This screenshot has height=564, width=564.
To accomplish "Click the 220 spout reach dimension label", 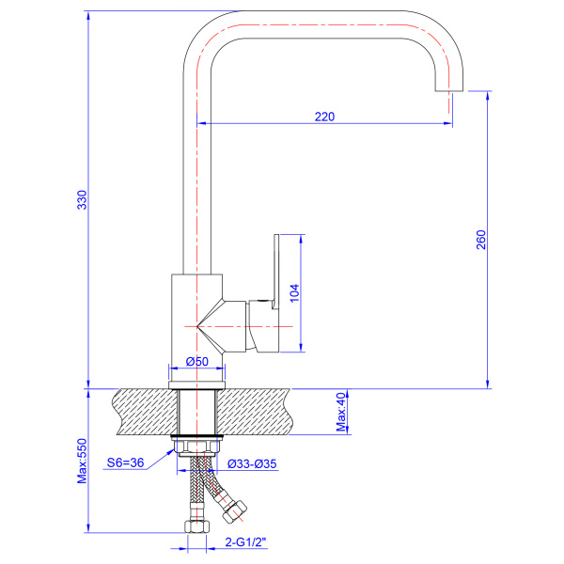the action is pyautogui.click(x=324, y=117).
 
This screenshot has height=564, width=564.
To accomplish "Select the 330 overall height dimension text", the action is pyautogui.click(x=83, y=199).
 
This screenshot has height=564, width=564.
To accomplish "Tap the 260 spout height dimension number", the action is pyautogui.click(x=481, y=240).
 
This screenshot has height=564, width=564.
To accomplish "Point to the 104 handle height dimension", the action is pyautogui.click(x=294, y=293).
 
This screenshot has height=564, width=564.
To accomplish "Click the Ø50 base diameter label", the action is pyautogui.click(x=197, y=361).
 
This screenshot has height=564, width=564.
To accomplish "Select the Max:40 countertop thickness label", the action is pyautogui.click(x=340, y=412).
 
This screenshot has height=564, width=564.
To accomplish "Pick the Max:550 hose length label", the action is pyautogui.click(x=83, y=461).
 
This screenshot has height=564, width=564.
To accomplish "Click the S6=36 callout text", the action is pyautogui.click(x=125, y=462).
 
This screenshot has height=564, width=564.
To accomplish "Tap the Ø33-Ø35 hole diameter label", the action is pyautogui.click(x=252, y=464).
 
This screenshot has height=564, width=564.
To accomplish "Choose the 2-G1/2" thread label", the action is pyautogui.click(x=246, y=541).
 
